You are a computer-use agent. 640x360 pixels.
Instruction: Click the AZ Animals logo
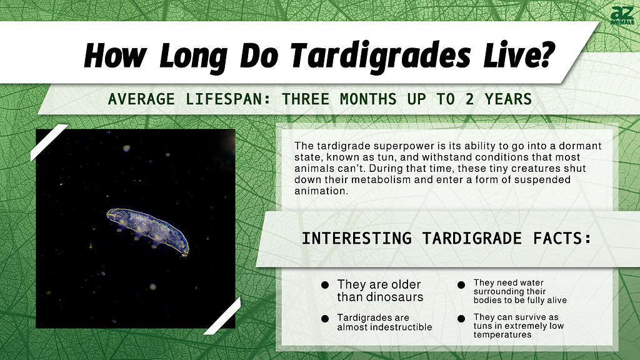(x=622, y=16)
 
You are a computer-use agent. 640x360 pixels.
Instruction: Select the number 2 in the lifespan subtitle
(x=469, y=99)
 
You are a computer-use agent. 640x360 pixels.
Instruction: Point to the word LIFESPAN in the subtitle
(x=228, y=99)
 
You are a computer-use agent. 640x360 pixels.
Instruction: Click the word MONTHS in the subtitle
(x=368, y=99)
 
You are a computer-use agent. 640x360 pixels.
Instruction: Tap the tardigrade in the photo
(x=148, y=231)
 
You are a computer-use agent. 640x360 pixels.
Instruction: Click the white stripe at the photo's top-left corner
(x=49, y=142)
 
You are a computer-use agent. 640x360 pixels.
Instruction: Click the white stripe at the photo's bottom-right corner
(x=222, y=316)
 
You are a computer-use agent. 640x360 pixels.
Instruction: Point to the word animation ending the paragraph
(x=321, y=191)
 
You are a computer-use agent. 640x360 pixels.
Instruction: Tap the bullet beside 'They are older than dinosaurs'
(x=325, y=285)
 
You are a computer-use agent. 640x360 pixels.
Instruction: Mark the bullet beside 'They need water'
(x=461, y=285)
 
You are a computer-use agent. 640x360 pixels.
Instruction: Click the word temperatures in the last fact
(x=502, y=335)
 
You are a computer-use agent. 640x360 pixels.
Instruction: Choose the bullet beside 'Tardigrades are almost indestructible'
(x=325, y=318)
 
